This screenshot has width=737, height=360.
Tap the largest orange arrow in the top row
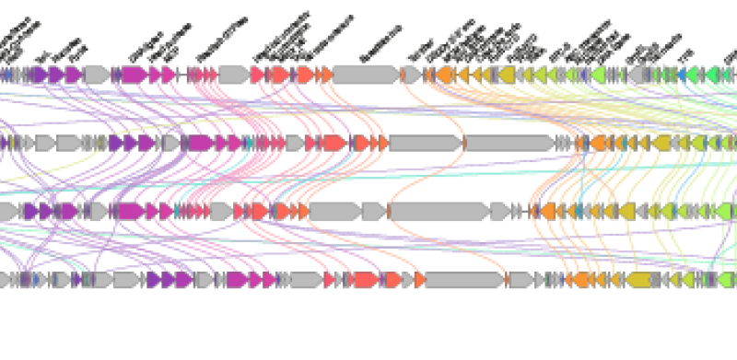[x=445, y=75]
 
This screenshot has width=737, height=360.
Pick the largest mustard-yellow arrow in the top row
[x=506, y=75]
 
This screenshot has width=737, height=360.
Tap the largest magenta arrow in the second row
[x=197, y=143]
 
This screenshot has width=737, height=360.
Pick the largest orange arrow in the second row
[x=600, y=143]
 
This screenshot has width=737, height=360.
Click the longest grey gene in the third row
[x=440, y=212]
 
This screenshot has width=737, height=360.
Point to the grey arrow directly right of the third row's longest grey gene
[x=499, y=212]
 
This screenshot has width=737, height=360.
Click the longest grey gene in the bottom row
[x=463, y=279]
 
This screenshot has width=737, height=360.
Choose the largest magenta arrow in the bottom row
[x=236, y=279]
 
